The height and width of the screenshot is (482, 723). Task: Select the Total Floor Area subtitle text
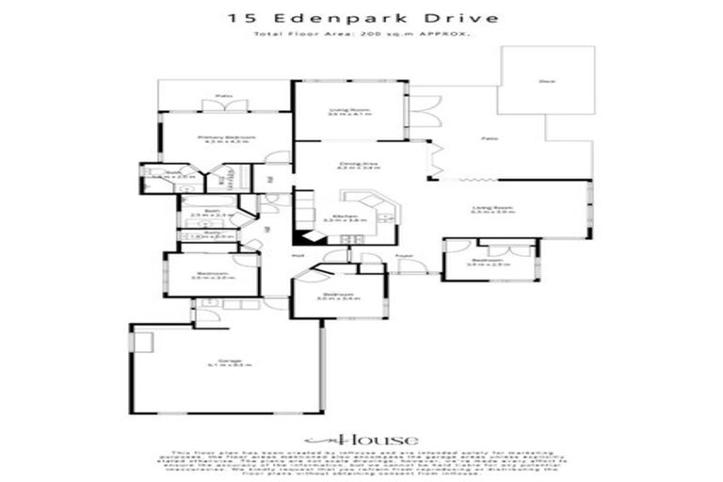361,34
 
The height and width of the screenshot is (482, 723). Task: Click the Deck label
544,82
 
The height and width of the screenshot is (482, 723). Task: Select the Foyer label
404,255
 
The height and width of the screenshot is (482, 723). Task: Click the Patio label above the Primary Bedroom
223,96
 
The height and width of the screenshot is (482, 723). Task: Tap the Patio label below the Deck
489,138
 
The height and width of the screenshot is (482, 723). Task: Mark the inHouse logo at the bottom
361,440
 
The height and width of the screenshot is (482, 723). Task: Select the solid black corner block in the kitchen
304,238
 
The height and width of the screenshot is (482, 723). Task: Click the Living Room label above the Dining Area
349,110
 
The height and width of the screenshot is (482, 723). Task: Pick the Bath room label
212,212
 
